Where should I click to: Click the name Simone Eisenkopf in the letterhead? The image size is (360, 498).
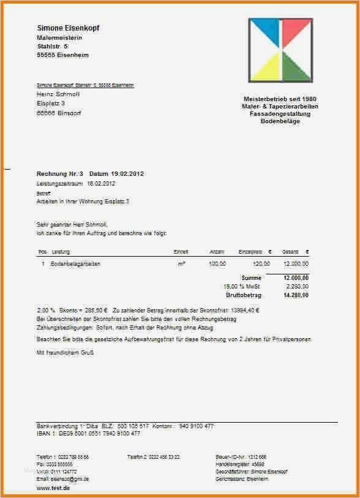pyautogui.click(x=68, y=28)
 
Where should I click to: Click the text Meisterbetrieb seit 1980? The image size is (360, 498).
pyautogui.click(x=280, y=99)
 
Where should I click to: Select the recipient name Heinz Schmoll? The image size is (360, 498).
pyautogui.click(x=58, y=94)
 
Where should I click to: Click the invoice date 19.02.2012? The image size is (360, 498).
pyautogui.click(x=127, y=174)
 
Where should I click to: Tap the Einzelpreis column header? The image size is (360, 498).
pyautogui.click(x=250, y=252)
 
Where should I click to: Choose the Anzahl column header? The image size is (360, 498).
pyautogui.click(x=217, y=252)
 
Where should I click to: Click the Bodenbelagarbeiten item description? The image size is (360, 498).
pyautogui.click(x=75, y=263)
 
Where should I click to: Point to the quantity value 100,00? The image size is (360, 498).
pyautogui.click(x=217, y=263)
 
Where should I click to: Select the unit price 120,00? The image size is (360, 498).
pyautogui.click(x=261, y=263)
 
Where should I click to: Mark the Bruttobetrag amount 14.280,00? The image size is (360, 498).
pyautogui.click(x=296, y=295)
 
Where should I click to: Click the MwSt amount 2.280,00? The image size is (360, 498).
pyautogui.click(x=298, y=286)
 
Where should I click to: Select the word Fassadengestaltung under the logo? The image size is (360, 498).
pyautogui.click(x=280, y=114)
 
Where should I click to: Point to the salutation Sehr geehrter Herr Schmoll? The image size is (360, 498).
pyautogui.click(x=72, y=225)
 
